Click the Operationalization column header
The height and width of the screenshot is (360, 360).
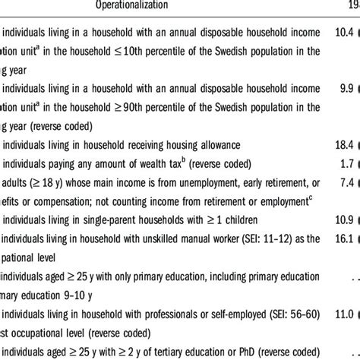134,6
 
